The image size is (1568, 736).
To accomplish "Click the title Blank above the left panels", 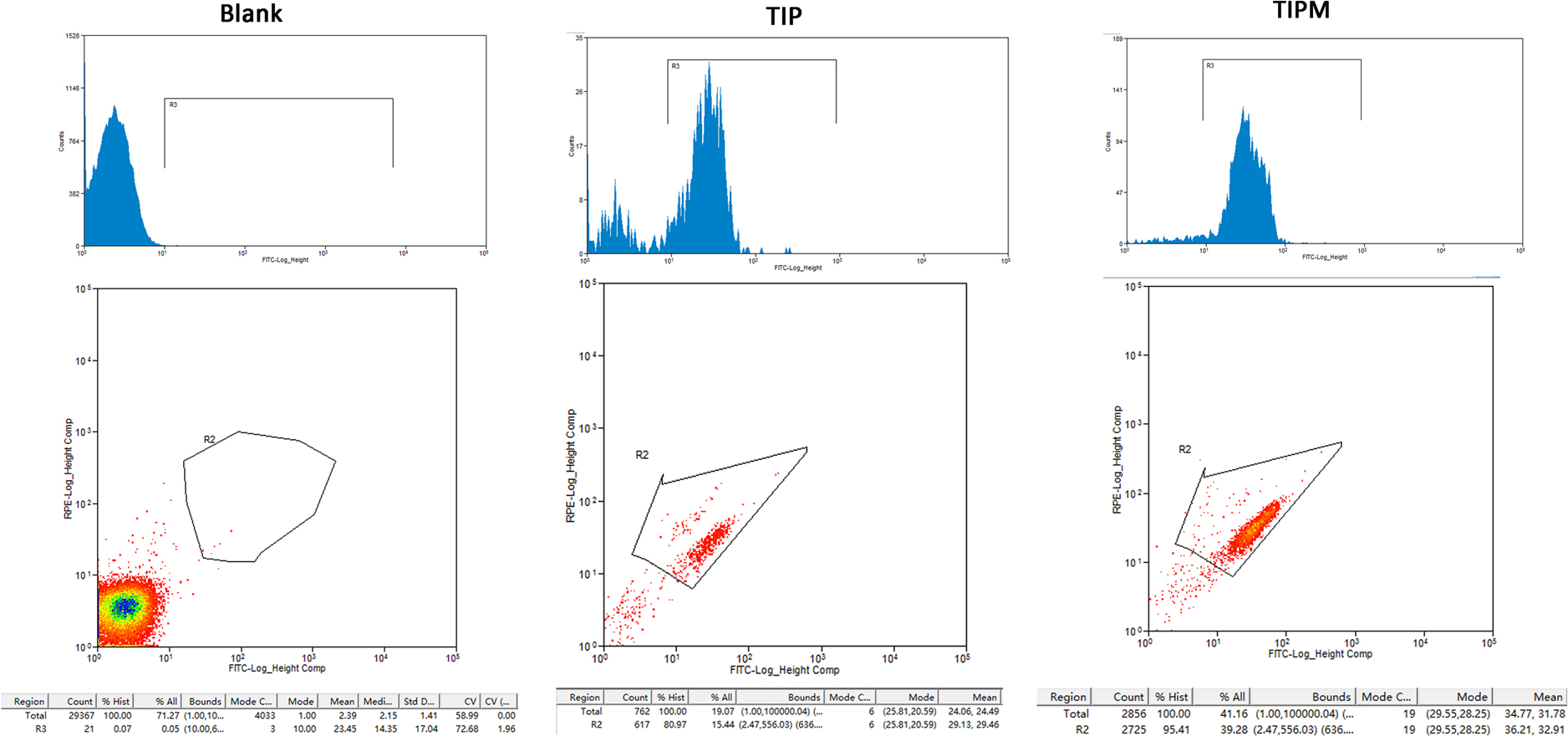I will click(x=251, y=13).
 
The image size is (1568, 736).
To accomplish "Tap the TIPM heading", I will click(x=1301, y=10).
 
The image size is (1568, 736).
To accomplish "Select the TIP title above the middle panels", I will click(x=783, y=16).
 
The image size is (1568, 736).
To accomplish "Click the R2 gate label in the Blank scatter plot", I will click(x=209, y=439).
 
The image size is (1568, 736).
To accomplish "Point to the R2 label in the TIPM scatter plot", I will click(x=1184, y=449).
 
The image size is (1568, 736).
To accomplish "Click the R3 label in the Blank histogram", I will click(x=173, y=105).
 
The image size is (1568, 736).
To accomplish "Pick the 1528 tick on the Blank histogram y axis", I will click(x=73, y=36).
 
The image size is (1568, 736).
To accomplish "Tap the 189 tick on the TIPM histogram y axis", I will click(x=1117, y=38).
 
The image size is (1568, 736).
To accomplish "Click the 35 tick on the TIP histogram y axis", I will click(x=579, y=38).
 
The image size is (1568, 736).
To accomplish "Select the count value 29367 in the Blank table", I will click(x=81, y=715).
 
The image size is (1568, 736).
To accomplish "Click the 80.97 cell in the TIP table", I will click(x=674, y=724).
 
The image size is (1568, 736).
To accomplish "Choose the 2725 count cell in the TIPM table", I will click(x=1130, y=729).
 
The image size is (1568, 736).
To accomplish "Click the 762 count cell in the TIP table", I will click(x=641, y=712).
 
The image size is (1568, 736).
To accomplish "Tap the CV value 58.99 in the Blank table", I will click(x=466, y=715).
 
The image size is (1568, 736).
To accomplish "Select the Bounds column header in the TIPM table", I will click(x=1331, y=697).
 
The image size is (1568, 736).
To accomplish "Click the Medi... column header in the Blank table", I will click(x=378, y=702).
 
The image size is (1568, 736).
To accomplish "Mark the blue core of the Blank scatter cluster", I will click(x=125, y=606).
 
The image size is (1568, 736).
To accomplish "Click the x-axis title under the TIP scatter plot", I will click(x=784, y=670).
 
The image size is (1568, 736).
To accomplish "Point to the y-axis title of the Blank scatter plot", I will click(x=69, y=468).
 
